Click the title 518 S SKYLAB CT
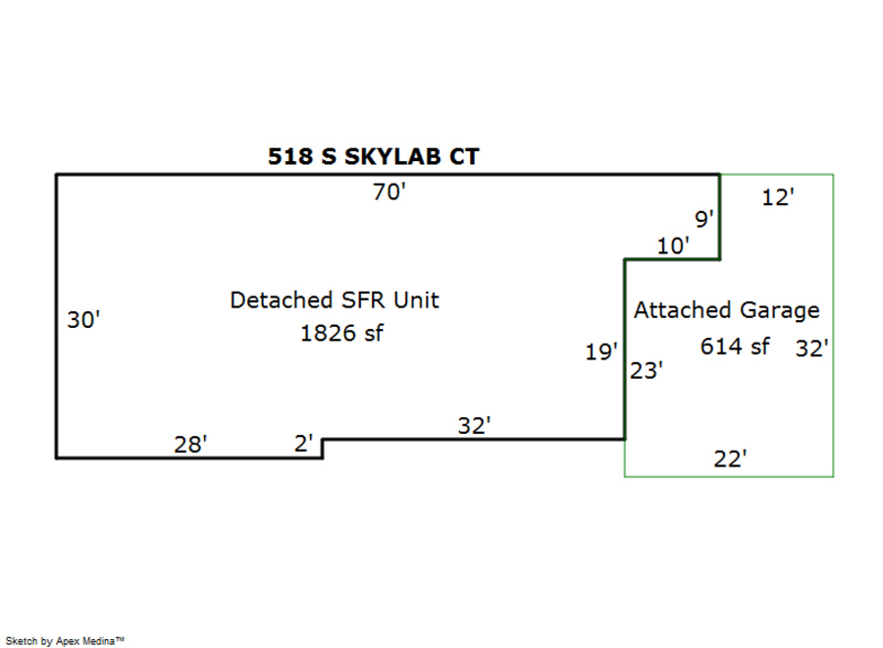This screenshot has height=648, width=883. tap(374, 156)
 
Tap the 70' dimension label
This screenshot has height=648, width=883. tap(389, 192)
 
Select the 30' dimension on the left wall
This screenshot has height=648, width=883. tap(83, 320)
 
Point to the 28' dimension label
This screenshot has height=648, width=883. tap(190, 445)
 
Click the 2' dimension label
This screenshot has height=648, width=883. tap(304, 444)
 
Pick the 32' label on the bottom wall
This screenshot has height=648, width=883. tap(474, 426)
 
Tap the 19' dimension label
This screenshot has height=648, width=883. tap(601, 351)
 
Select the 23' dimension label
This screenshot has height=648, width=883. tap(647, 371)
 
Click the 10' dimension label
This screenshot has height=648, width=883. tap(673, 246)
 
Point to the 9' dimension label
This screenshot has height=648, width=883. tap(704, 219)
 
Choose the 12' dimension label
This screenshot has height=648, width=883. tap(777, 197)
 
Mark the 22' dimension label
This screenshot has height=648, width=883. tap(730, 459)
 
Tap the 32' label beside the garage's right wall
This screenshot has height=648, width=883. tap(812, 348)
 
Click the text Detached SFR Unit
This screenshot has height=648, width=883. tap(335, 300)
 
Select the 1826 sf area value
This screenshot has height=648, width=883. tap(340, 333)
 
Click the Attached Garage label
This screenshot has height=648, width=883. tap(726, 311)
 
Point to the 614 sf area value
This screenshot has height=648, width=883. tap(734, 346)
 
